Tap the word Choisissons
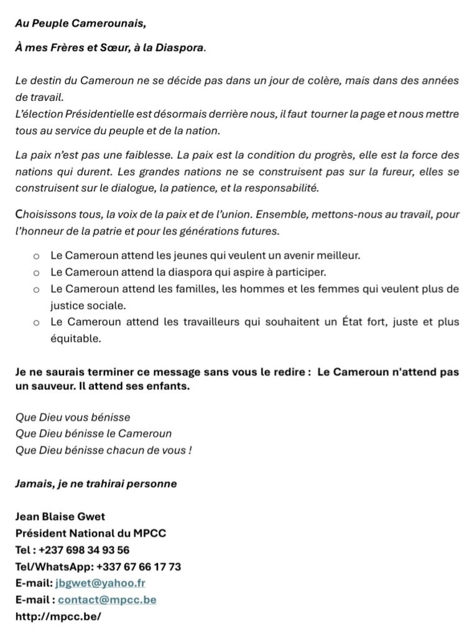point(44,215)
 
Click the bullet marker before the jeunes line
point(36,256)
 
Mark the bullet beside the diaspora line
point(36,272)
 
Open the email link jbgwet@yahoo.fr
point(101,583)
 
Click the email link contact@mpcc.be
point(107,600)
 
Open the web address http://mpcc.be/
point(58,616)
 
